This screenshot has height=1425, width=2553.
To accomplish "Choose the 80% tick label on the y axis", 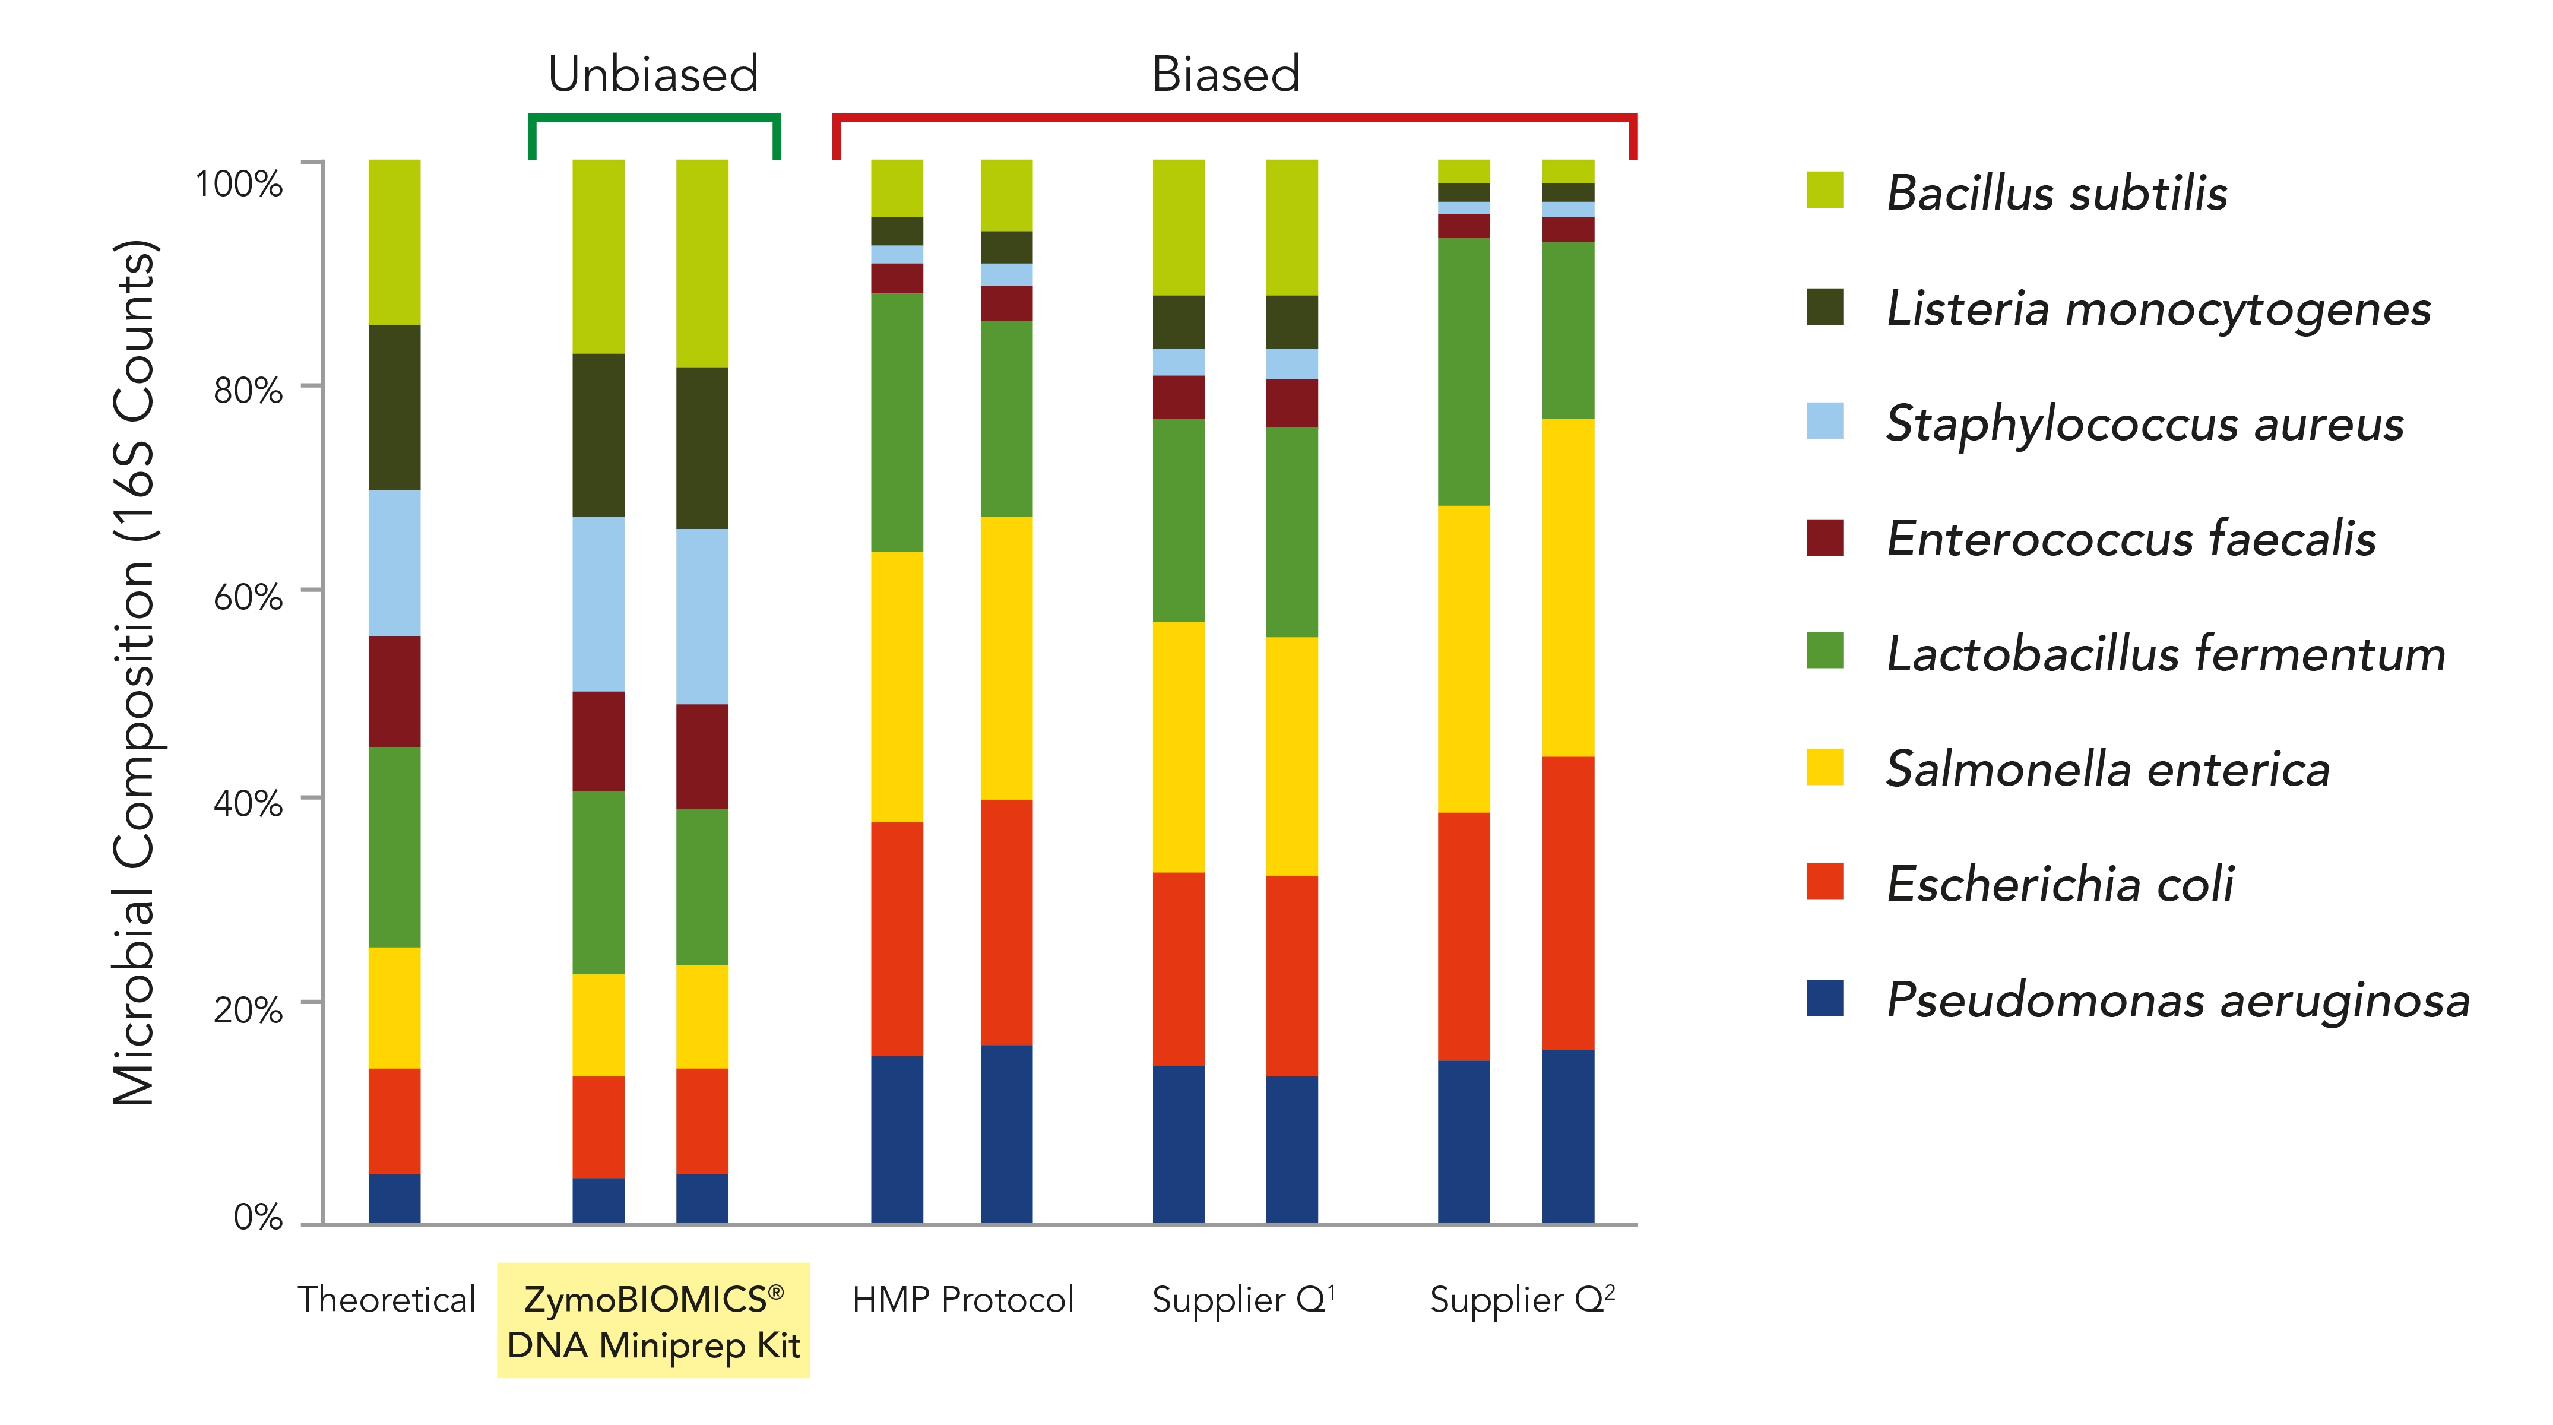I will pyautogui.click(x=248, y=391).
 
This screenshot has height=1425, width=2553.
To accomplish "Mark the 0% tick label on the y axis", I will pyautogui.click(x=258, y=1217).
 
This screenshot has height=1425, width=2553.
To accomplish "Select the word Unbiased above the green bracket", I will pyautogui.click(x=653, y=74).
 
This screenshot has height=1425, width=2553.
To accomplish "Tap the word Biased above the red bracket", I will pyautogui.click(x=1225, y=74).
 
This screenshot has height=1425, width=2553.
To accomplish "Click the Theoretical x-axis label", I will pyautogui.click(x=387, y=1299).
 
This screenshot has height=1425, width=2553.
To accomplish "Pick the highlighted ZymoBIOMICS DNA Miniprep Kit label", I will pyautogui.click(x=653, y=1321).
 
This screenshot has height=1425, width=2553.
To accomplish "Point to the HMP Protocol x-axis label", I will pyautogui.click(x=962, y=1299).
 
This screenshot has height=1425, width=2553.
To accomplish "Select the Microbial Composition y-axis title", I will pyautogui.click(x=136, y=674).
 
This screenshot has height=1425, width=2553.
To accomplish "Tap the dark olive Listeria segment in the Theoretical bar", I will pyautogui.click(x=394, y=407).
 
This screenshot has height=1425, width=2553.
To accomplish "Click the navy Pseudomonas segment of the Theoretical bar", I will pyautogui.click(x=394, y=1198).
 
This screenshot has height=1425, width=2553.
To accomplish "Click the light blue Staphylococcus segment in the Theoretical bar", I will pyautogui.click(x=394, y=563).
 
